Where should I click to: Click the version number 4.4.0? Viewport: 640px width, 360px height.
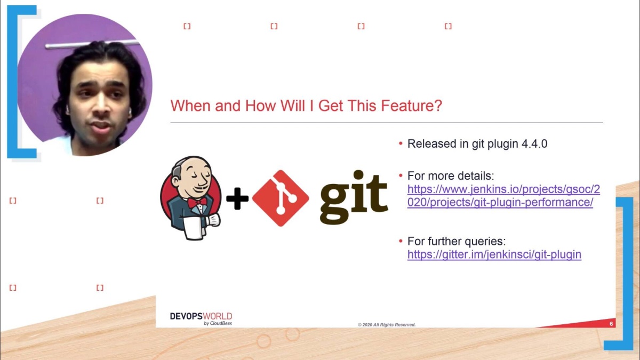(534, 144)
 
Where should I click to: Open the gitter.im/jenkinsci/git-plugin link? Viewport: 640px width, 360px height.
(494, 255)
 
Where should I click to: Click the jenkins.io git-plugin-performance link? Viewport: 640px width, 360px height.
(503, 196)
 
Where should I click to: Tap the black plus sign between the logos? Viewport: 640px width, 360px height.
(237, 199)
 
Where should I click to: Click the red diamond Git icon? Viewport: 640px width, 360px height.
(281, 198)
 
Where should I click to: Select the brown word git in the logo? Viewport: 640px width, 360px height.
(353, 197)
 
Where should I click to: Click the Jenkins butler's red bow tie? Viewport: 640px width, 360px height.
(196, 203)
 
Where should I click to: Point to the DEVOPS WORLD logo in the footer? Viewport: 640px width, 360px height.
(201, 316)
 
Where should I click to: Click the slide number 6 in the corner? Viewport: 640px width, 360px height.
(611, 324)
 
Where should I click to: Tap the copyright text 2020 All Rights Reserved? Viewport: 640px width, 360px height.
(387, 325)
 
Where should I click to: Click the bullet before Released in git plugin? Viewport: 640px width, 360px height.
(401, 144)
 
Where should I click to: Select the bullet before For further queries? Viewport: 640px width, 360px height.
(401, 241)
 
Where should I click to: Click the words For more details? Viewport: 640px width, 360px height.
(451, 176)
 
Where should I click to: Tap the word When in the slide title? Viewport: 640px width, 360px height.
(190, 106)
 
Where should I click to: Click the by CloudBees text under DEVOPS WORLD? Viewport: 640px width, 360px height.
(218, 323)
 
